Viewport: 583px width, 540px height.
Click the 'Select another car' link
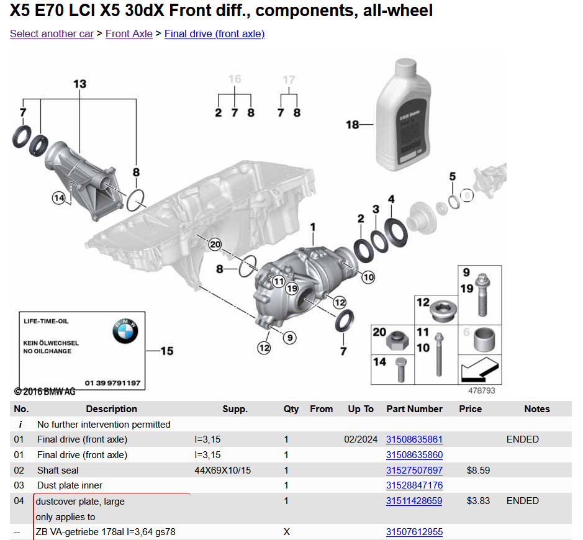52,34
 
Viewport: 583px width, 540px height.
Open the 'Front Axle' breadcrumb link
129,34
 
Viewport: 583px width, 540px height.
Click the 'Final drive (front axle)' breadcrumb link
214,34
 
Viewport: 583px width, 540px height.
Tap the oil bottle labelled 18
403,115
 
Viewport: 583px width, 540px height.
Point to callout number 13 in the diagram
79,84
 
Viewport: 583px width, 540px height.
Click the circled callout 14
59,198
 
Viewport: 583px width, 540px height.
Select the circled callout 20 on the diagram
215,245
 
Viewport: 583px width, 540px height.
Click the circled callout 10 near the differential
368,277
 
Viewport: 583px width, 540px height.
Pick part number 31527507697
414,470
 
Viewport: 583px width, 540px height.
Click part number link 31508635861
414,439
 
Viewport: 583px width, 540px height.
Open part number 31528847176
414,485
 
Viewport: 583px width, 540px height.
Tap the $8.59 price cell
478,470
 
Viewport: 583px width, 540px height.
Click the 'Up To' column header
360,409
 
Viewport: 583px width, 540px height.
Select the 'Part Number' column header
414,409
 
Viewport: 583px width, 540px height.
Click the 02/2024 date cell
360,439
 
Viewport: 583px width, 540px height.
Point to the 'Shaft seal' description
58,470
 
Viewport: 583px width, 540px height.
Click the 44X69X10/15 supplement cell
222,470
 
